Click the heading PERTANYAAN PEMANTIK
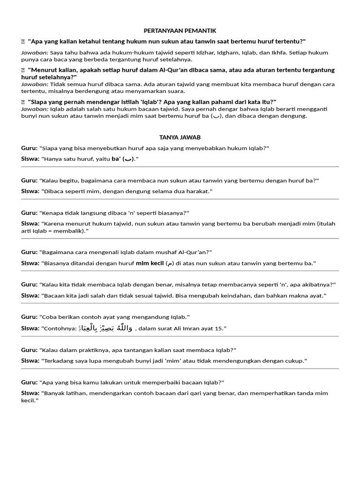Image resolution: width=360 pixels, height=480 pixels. click(180, 30)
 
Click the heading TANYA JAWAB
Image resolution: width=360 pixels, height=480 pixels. click(180, 137)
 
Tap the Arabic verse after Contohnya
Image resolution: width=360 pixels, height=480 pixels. click(106, 328)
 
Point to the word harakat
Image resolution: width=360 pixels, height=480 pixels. click(196, 191)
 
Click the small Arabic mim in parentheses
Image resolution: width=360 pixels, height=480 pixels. click(170, 263)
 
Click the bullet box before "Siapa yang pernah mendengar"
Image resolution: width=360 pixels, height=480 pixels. click(22, 102)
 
